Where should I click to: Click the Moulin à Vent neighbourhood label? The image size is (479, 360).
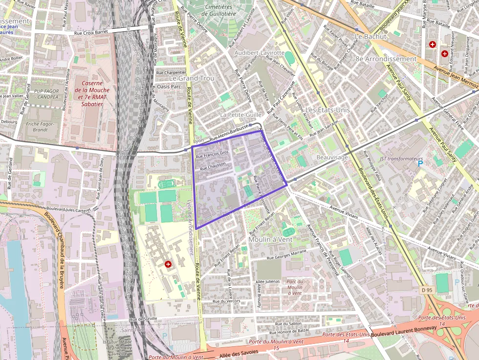point(270,239)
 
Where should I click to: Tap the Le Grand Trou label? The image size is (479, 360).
point(192,78)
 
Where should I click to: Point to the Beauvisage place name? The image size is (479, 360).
point(332,157)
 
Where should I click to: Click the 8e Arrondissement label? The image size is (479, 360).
point(386,59)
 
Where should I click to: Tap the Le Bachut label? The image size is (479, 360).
point(370,37)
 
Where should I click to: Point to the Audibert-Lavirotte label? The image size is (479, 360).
point(260,52)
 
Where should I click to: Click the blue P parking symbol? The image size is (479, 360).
point(420,164)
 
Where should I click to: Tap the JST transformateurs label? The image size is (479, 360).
point(401,159)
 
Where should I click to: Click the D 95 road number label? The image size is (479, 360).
point(427,290)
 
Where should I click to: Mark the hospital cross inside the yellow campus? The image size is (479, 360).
point(169,264)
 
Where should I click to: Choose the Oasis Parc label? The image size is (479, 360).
point(169,86)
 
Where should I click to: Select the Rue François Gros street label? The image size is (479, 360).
point(212,154)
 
